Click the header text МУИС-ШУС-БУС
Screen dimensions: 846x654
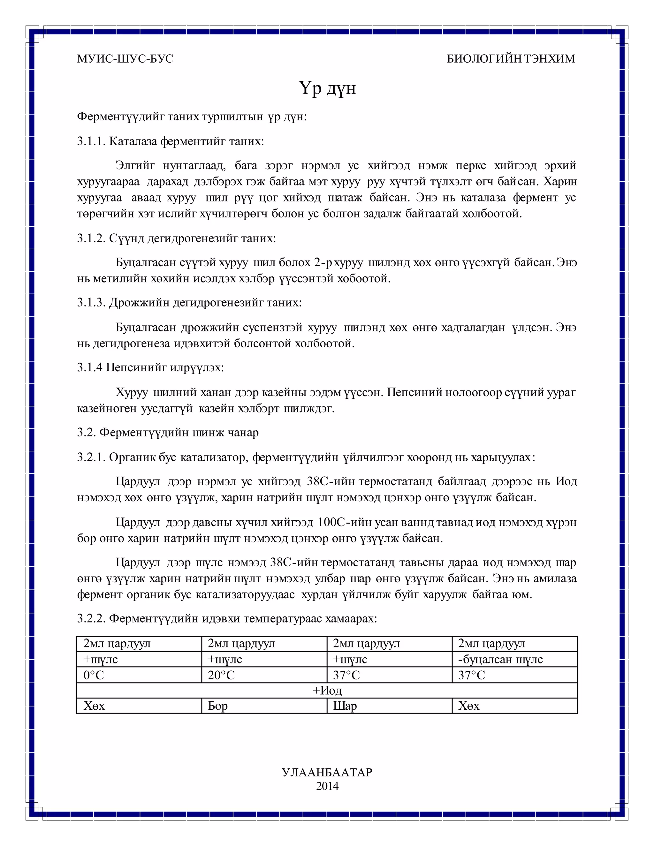(x=125, y=59)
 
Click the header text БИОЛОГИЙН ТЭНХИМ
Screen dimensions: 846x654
(x=511, y=59)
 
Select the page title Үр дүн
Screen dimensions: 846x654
(x=327, y=88)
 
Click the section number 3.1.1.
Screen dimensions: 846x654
(x=91, y=141)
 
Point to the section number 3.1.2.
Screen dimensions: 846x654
(x=91, y=238)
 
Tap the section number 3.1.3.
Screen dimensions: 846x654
(x=91, y=303)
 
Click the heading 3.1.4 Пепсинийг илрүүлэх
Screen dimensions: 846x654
(x=150, y=367)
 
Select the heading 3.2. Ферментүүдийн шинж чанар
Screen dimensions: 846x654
(x=168, y=432)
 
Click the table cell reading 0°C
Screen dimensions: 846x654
(x=94, y=675)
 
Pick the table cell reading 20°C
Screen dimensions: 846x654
(x=221, y=675)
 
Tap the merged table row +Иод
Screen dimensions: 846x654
(x=327, y=691)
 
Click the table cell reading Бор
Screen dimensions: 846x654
(x=218, y=706)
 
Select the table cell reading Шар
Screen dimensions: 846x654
(x=345, y=706)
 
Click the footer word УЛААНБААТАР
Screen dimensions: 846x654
(x=327, y=772)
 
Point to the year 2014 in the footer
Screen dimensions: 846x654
(x=327, y=786)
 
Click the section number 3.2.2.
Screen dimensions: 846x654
(x=91, y=619)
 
